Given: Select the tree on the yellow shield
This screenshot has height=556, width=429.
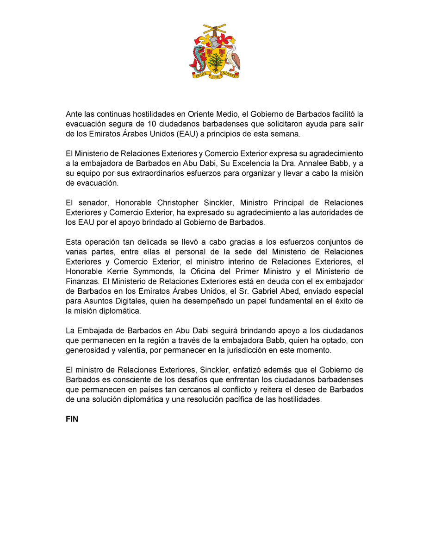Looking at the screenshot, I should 214,60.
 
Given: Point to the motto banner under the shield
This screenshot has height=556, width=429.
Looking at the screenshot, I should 214,76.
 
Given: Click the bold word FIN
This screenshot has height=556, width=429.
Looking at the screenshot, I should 72,419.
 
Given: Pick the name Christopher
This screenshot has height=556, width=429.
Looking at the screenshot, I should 177,203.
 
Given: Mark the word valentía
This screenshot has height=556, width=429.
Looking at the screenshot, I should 125,350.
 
